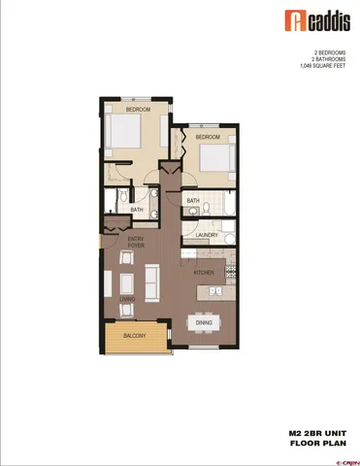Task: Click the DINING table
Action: point(204,321)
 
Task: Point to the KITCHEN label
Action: point(203,273)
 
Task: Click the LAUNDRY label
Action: point(205,235)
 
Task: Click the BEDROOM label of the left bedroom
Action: point(137,110)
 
